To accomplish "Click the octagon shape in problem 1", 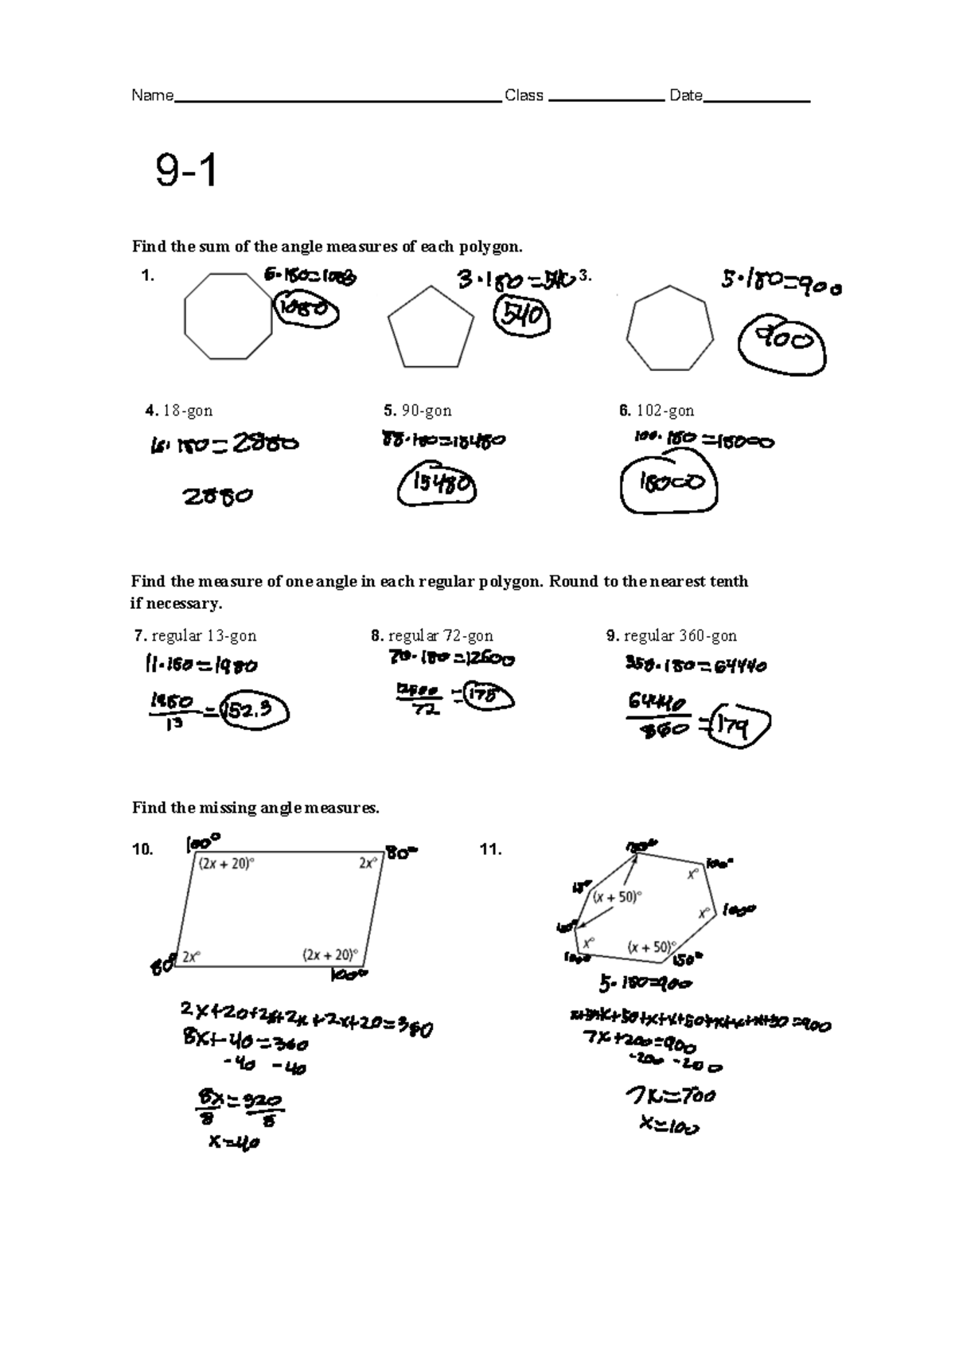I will click(x=228, y=316).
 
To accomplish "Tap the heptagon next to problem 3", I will click(x=667, y=329).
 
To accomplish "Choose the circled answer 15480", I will click(x=437, y=485).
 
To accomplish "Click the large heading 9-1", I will click(x=186, y=171).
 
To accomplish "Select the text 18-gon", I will click(x=188, y=411).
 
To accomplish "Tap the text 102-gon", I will click(x=665, y=411).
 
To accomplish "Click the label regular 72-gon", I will click(x=440, y=636).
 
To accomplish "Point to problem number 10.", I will click(x=142, y=849).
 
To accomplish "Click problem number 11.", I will click(x=490, y=849).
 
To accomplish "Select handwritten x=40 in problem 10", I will click(x=234, y=1143).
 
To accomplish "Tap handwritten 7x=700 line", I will click(x=670, y=1096).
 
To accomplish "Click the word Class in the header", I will click(x=524, y=96).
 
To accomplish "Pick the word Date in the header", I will click(x=685, y=96).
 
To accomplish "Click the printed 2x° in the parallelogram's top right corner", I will click(x=368, y=863).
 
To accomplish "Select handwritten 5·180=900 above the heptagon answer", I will click(x=781, y=283).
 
